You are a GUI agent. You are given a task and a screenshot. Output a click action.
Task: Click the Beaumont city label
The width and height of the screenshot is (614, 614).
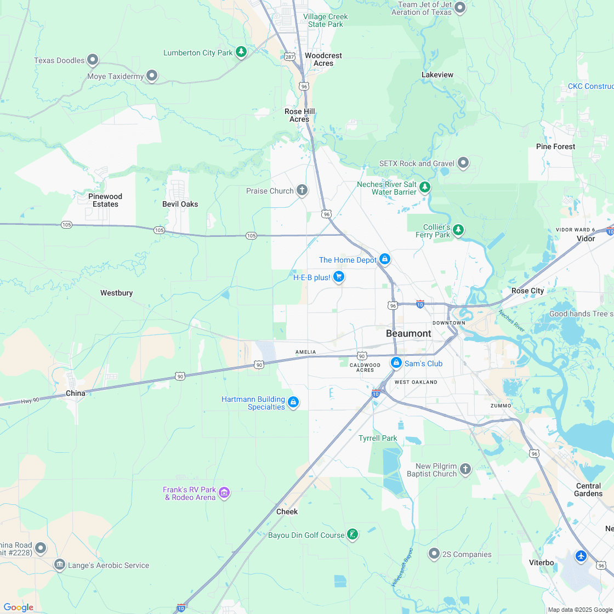click(x=408, y=333)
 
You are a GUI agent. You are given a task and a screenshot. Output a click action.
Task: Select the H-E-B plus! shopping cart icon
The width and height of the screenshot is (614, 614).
click(x=339, y=277)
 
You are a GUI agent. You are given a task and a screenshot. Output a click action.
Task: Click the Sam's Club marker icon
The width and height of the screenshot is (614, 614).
click(x=396, y=363)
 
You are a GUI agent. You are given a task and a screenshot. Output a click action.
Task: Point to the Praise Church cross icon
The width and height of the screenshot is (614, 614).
click(x=302, y=190)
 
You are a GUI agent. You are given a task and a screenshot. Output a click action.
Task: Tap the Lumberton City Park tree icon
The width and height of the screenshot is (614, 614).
click(x=241, y=52)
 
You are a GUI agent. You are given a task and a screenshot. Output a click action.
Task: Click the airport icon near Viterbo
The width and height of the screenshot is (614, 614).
click(x=581, y=556)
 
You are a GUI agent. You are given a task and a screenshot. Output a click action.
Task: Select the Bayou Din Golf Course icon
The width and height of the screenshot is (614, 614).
click(x=353, y=535)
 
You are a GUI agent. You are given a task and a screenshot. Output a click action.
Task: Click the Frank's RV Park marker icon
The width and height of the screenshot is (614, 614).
click(x=224, y=493)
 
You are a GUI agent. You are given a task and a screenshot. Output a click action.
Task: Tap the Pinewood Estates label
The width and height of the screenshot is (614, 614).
click(x=105, y=200)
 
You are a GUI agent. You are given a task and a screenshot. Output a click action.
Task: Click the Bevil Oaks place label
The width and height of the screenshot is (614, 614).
click(x=180, y=204)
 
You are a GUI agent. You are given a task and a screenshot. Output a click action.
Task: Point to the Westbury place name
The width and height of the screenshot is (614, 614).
click(x=116, y=293)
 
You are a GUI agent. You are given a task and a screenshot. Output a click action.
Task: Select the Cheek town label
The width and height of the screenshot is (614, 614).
click(x=287, y=511)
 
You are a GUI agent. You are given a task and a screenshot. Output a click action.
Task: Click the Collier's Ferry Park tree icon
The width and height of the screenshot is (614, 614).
click(x=458, y=230)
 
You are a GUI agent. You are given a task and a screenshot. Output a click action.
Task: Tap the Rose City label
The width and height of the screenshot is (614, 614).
click(x=527, y=291)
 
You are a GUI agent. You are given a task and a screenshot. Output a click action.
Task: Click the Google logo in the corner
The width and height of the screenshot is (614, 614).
click(x=18, y=607)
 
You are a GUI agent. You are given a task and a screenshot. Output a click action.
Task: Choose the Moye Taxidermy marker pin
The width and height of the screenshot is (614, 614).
click(x=152, y=76)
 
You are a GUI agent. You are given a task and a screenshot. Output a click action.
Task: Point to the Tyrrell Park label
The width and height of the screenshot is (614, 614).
click(x=378, y=438)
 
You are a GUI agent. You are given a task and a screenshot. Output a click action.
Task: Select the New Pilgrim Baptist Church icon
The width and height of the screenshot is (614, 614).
click(x=465, y=469)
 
